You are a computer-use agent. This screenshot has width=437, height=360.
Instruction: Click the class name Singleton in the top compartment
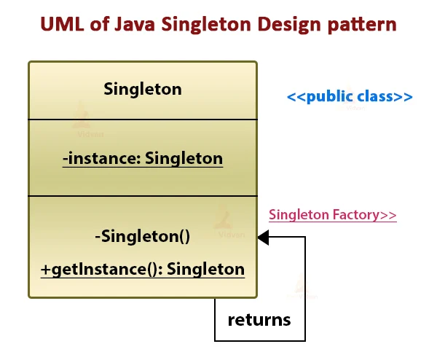[143, 90]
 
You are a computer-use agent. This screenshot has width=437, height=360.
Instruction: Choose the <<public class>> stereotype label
[350, 97]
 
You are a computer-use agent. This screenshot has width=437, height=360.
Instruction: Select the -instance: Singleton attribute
[143, 158]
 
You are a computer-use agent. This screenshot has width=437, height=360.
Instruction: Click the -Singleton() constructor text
[143, 236]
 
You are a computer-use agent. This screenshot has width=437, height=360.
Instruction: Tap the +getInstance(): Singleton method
[143, 269]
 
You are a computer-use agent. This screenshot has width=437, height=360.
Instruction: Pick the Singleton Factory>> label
[333, 215]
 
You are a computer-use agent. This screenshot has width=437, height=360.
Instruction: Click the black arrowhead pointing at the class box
[263, 237]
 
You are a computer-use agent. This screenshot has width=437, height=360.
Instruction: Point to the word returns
[259, 319]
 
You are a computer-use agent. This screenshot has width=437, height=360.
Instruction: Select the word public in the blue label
[330, 97]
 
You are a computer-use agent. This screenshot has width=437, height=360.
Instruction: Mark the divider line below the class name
[143, 119]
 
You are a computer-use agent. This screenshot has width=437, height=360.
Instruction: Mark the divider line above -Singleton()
[143, 196]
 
